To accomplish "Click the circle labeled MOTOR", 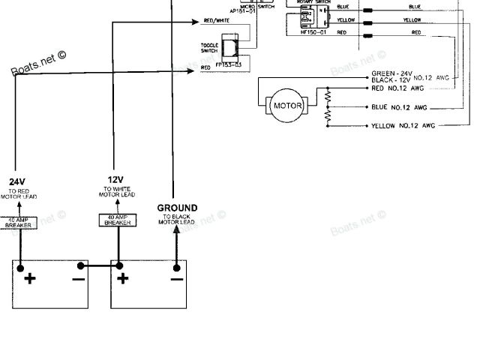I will [x=287, y=106].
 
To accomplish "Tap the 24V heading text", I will [x=17, y=181].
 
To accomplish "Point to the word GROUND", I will [x=177, y=208].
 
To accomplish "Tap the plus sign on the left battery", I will [x=30, y=279].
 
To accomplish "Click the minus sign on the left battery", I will [x=79, y=279].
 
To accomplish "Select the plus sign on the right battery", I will [x=123, y=279].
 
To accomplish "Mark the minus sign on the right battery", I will [x=176, y=279].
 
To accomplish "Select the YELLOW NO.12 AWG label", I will [x=403, y=126].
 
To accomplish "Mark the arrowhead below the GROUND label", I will [x=177, y=229].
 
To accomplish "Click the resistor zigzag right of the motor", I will [x=327, y=105].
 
